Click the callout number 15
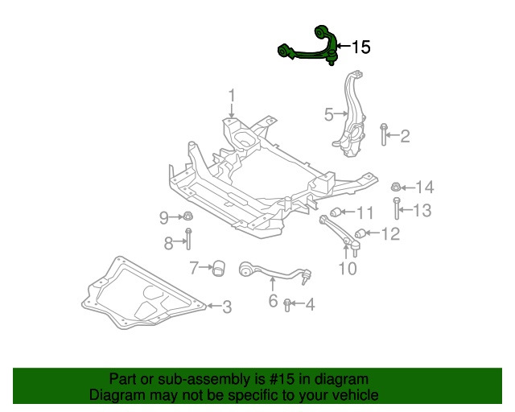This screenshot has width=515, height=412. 360,47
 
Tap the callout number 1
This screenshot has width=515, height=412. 231,97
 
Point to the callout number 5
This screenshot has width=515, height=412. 328,115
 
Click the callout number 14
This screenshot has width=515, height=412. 424,187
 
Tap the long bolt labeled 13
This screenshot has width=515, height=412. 397,211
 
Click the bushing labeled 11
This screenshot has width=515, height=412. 338,213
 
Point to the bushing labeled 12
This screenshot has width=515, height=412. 361,234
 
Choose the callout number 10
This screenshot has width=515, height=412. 347,269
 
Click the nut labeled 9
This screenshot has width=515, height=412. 186,216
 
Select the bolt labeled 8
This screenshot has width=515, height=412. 187,240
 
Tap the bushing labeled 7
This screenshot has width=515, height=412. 217,267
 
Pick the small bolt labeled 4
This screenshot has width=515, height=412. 288,304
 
